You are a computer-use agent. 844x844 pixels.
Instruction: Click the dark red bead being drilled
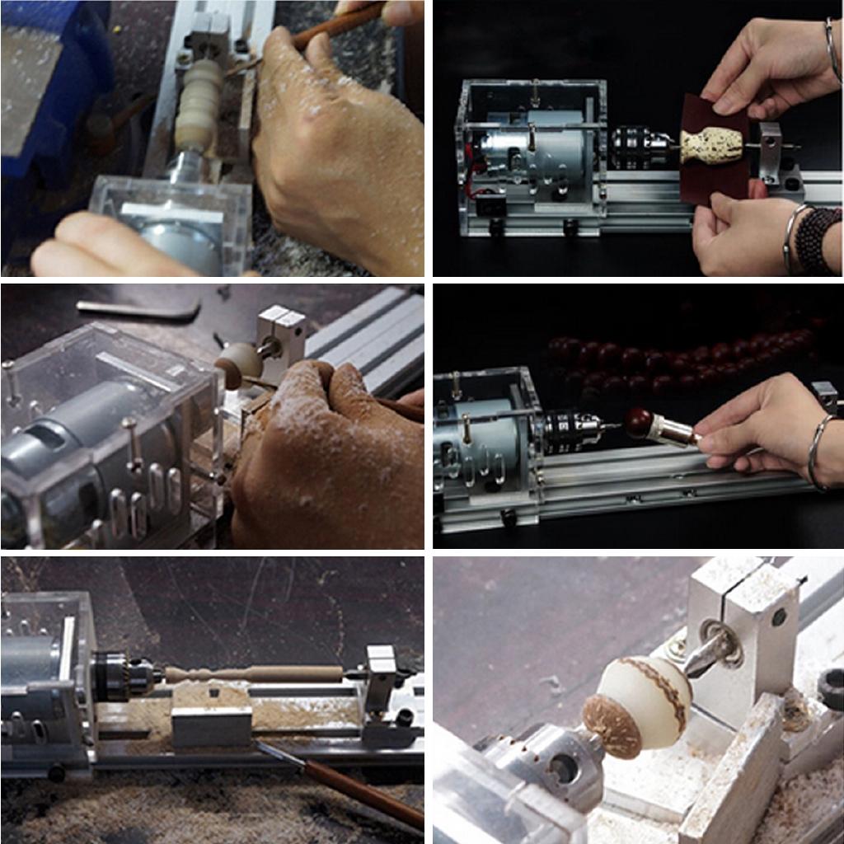click(637, 422)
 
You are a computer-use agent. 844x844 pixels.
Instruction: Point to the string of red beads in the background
click(659, 363)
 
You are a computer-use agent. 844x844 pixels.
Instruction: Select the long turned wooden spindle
click(256, 673)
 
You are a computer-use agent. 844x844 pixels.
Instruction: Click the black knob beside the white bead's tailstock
click(831, 689)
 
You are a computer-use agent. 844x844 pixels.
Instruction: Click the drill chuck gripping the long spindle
click(124, 674)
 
